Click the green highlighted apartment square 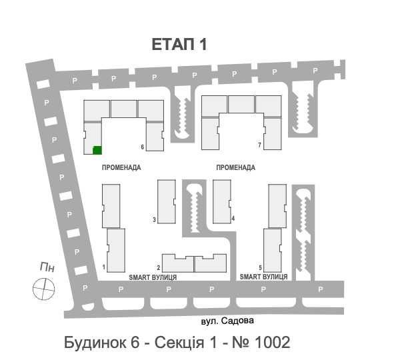pyautogui.click(x=97, y=150)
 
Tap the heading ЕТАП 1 pyautogui.click(x=179, y=45)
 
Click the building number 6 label pyautogui.click(x=143, y=147)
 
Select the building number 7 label pyautogui.click(x=259, y=145)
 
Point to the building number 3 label pyautogui.click(x=154, y=220)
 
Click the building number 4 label pyautogui.click(x=233, y=219)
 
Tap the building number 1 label pyautogui.click(x=104, y=267)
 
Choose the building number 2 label pyautogui.click(x=159, y=267)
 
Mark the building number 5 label pyautogui.click(x=260, y=267)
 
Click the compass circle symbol pyautogui.click(x=43, y=289)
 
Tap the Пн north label pyautogui.click(x=47, y=267)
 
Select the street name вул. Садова pyautogui.click(x=227, y=321)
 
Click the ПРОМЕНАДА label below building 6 pyautogui.click(x=121, y=167)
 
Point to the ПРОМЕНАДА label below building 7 pyautogui.click(x=236, y=167)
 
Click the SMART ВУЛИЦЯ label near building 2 pyautogui.click(x=153, y=277)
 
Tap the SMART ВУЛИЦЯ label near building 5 pyautogui.click(x=263, y=277)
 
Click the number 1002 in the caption pyautogui.click(x=272, y=342)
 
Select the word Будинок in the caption pyautogui.click(x=95, y=343)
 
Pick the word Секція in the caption pyautogui.click(x=179, y=343)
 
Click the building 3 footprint pyautogui.click(x=166, y=201)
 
